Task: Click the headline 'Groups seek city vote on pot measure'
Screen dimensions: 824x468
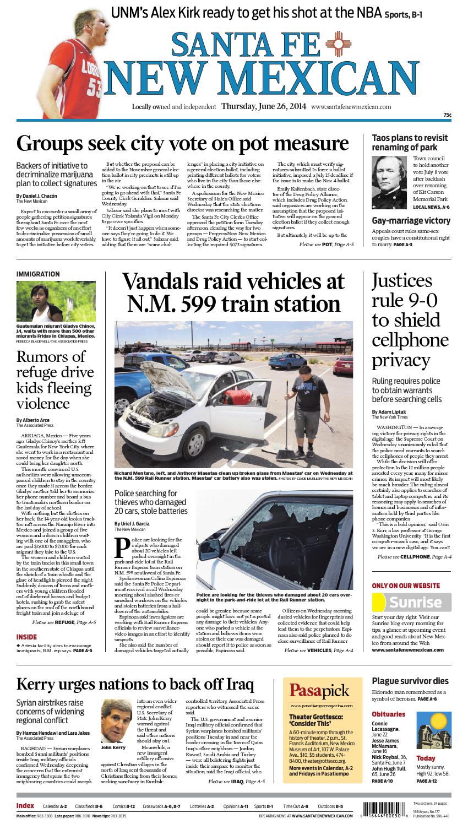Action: pyautogui.click(x=182, y=143)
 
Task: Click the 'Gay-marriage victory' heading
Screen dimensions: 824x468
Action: pyautogui.click(x=411, y=221)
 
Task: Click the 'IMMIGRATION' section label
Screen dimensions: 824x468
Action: pyautogui.click(x=38, y=274)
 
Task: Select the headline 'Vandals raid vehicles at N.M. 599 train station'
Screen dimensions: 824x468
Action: pyautogui.click(x=233, y=292)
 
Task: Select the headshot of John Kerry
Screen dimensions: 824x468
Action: pyautogui.click(x=117, y=721)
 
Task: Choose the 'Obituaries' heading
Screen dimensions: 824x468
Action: pyautogui.click(x=388, y=714)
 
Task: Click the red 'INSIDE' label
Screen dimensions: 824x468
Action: pyautogui.click(x=27, y=637)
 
